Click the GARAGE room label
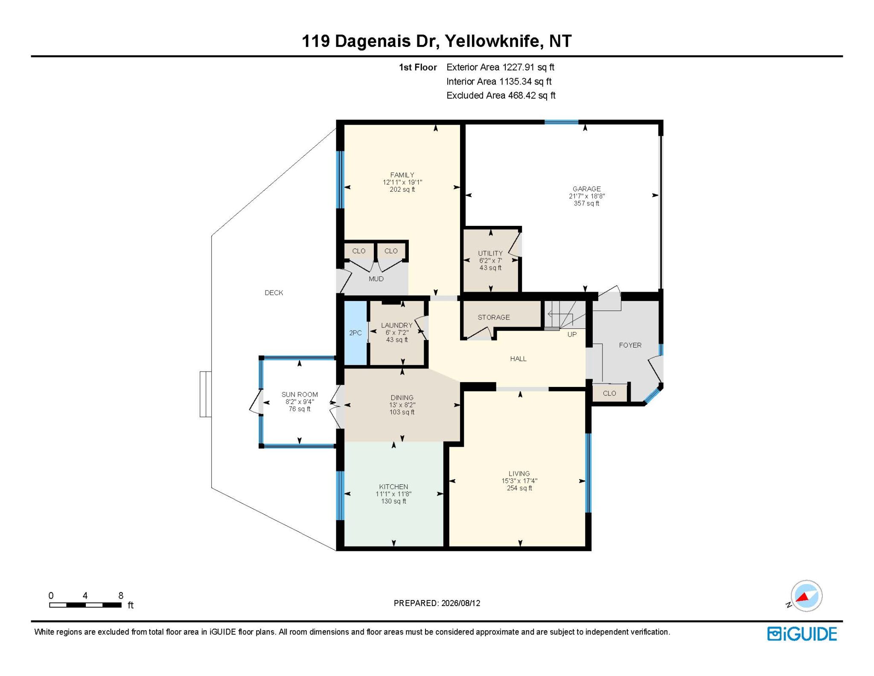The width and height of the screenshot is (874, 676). coord(586,189)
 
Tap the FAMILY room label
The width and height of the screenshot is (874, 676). coord(402,175)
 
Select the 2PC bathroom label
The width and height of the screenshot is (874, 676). coord(355,333)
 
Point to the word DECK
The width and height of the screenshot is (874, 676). coord(274,293)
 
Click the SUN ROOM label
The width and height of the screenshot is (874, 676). coord(300,395)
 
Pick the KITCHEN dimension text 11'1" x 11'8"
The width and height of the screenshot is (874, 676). coord(393,494)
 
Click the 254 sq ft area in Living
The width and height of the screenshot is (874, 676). coord(519,488)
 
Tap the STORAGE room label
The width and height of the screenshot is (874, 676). coord(494,317)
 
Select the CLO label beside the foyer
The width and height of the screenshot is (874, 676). coord(609,393)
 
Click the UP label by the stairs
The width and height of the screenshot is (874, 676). coord(572,334)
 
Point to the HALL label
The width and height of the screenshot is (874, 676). coord(518,359)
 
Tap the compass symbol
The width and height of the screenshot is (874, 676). coord(806,596)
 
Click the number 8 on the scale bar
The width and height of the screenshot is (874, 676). coord(121,596)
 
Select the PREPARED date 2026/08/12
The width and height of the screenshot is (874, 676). coord(460,603)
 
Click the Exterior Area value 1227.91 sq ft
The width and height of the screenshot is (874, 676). coord(528,67)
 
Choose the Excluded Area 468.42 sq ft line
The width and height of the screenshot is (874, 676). coord(501,96)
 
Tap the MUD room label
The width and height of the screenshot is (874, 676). coord(376,279)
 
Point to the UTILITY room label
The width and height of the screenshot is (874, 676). coord(490,253)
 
